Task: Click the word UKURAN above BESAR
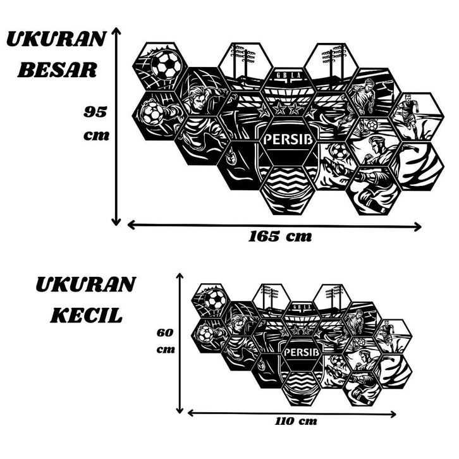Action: pyautogui.click(x=56, y=39)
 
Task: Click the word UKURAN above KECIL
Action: pyautogui.click(x=85, y=285)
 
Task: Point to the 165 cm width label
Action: pyautogui.click(x=280, y=238)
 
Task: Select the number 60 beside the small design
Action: pyautogui.click(x=165, y=332)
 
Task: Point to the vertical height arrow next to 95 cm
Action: pyautogui.click(x=116, y=126)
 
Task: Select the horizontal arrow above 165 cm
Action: pyautogui.click(x=274, y=225)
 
